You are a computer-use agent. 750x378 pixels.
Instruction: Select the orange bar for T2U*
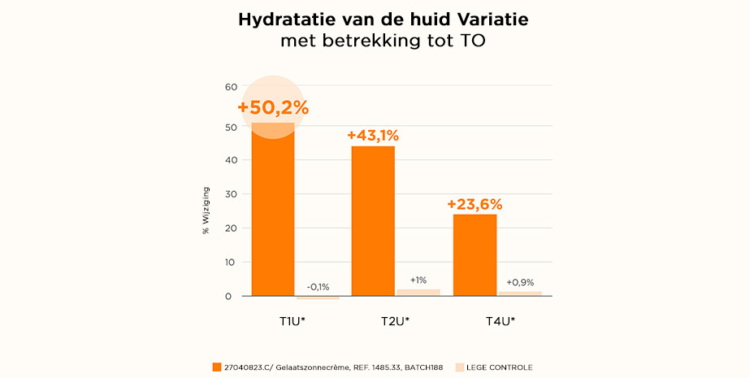373,221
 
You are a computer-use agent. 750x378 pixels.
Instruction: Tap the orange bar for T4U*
475,254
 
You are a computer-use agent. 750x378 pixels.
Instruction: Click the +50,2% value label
273,108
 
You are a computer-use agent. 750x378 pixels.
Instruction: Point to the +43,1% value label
373,136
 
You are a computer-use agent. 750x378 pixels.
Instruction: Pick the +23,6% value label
475,204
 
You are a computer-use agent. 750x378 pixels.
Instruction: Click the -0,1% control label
318,287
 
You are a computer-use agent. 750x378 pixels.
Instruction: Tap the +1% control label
418,280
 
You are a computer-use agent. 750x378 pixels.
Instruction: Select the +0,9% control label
520,282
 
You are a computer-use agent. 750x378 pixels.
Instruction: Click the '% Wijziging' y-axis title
206,213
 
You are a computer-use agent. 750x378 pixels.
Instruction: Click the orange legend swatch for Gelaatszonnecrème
216,367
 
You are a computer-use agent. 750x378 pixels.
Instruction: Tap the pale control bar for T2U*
418,293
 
